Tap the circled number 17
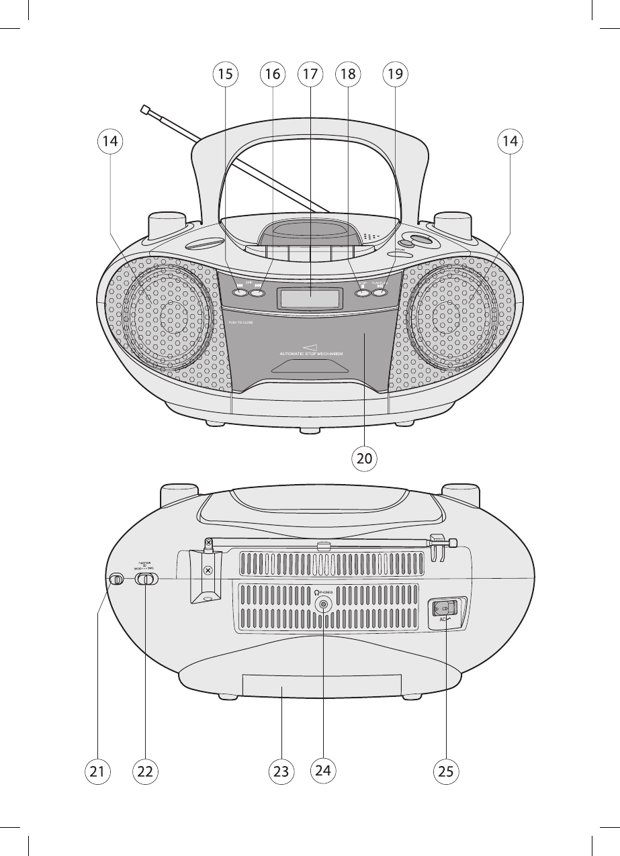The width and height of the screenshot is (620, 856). pos(308,75)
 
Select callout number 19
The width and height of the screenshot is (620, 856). pos(395,75)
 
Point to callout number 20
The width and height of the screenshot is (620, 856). pos(363,459)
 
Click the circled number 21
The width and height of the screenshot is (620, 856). pos(97,771)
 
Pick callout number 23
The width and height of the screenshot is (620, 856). pos(281,771)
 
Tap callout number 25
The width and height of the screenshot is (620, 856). pos(447,771)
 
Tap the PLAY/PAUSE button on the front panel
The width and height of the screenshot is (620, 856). pos(381,291)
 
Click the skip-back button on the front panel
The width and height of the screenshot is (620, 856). pos(240,291)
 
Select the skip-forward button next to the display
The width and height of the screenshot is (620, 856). pos(257,291)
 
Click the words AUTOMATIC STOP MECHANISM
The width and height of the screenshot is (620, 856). pos(311,353)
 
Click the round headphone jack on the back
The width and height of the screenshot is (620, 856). pos(324,604)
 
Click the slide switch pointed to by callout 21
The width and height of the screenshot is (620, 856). pos(116,579)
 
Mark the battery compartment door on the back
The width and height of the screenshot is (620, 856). pos(290,686)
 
